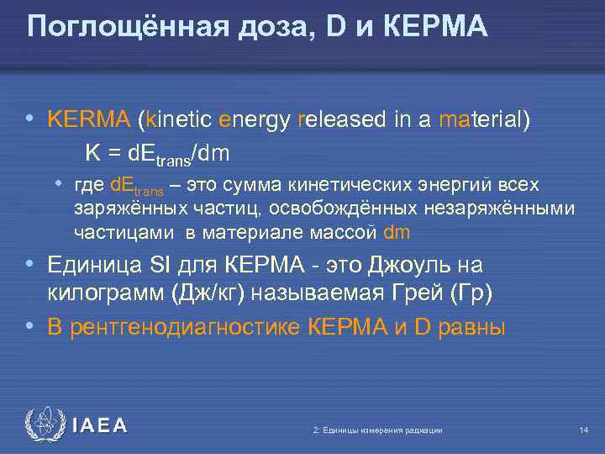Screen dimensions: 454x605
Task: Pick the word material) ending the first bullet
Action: [485, 119]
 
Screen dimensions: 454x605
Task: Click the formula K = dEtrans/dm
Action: [157, 154]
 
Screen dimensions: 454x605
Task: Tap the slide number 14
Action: [583, 430]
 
